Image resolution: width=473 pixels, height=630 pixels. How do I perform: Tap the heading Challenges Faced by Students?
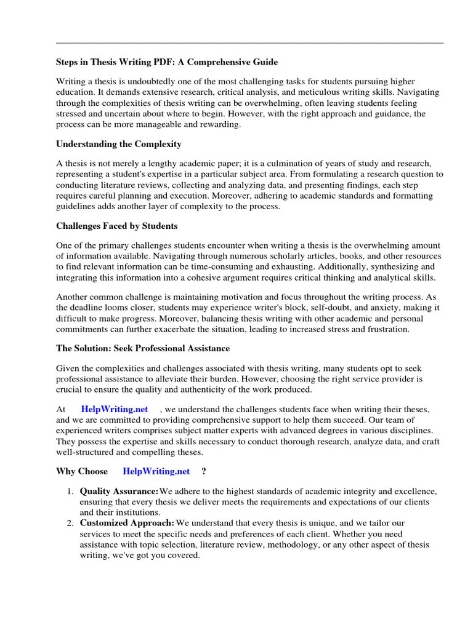click(x=117, y=226)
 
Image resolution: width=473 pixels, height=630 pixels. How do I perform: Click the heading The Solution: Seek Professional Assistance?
click(x=143, y=348)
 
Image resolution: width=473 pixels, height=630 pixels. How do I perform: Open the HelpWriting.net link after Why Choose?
click(x=156, y=472)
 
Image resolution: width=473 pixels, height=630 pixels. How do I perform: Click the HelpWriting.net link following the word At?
click(x=115, y=409)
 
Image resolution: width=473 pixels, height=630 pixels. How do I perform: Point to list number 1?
click(x=70, y=491)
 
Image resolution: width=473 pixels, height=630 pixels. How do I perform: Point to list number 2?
click(x=70, y=522)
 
